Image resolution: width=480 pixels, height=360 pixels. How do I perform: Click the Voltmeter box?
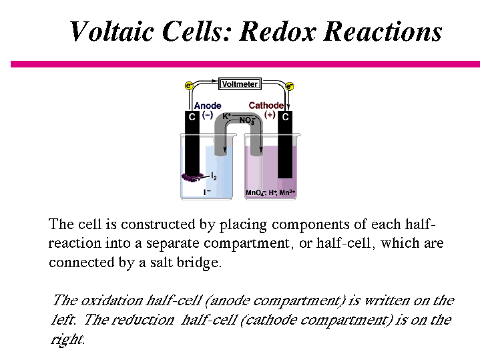coord(239,84)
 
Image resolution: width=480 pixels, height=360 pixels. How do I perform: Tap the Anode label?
coord(207,106)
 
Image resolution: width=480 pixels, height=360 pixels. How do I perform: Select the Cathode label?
coord(266,106)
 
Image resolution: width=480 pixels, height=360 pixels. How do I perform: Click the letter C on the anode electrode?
coord(192,117)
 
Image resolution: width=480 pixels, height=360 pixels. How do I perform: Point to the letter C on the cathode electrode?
coord(285,117)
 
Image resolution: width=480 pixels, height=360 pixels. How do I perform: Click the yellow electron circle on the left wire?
coord(188,85)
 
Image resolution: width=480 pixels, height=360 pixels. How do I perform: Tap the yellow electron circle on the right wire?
coord(290,86)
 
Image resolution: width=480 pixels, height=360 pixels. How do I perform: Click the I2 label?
coord(213,176)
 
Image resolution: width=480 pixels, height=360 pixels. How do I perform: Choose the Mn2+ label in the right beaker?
coord(287,193)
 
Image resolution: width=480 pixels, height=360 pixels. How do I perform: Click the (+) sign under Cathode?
coord(270,115)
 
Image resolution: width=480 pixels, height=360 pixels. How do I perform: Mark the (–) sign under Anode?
coord(207,115)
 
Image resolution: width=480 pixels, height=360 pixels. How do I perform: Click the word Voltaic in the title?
coord(109,31)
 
